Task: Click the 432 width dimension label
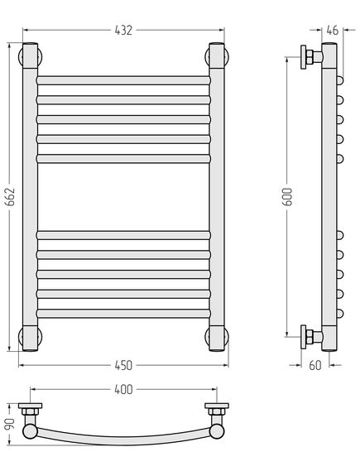point(123,31)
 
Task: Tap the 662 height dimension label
point(11,197)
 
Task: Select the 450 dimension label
point(123,365)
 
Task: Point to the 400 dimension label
point(123,389)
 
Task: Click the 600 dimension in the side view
point(288,196)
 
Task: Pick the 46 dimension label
point(332,31)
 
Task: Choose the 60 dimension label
point(315,365)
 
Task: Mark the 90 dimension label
point(11,424)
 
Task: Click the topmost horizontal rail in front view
point(123,80)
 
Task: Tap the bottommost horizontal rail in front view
point(123,314)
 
